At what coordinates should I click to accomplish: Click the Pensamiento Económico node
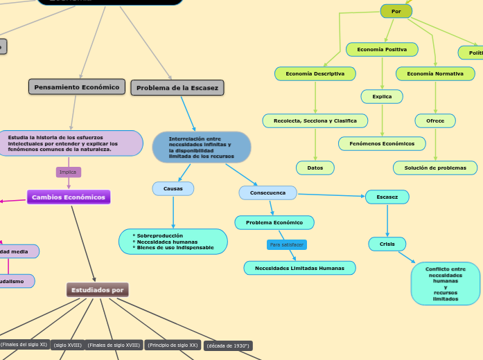point(77,87)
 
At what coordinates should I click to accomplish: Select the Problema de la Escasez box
point(177,88)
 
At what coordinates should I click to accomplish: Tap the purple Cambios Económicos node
point(69,197)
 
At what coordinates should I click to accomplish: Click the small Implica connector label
point(68,172)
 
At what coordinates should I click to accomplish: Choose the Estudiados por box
point(98,290)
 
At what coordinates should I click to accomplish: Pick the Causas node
point(173,188)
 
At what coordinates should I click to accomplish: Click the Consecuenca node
point(267,192)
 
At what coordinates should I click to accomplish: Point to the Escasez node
point(387,197)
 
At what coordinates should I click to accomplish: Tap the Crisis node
point(387,244)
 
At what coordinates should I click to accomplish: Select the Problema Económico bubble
point(274,223)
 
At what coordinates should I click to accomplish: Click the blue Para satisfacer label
point(287,245)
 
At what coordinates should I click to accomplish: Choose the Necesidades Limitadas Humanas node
point(299,268)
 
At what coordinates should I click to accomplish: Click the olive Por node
point(396,11)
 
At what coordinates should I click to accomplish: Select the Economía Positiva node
point(382,50)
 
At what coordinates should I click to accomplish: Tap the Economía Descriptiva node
point(315,73)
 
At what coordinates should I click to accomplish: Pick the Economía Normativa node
point(435,73)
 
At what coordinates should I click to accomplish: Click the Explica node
point(382,97)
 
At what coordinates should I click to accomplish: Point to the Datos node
point(315,168)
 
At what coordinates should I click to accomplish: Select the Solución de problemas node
point(435,168)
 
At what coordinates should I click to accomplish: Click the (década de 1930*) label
point(228,345)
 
